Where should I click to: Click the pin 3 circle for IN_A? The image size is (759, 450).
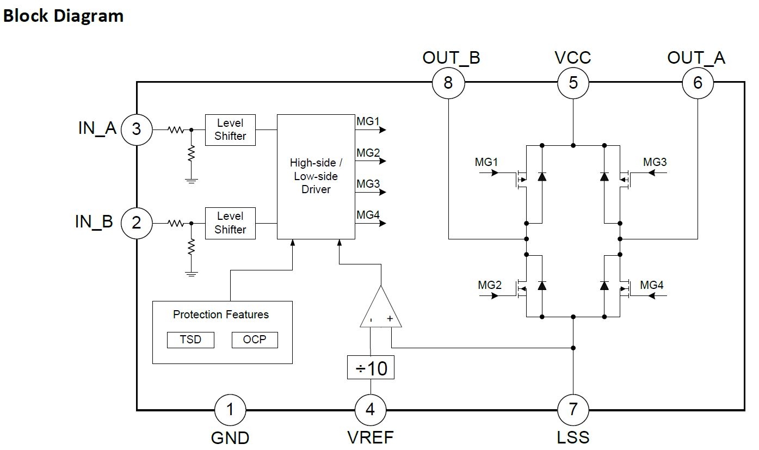coord(136,129)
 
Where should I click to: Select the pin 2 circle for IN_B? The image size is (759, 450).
coord(136,223)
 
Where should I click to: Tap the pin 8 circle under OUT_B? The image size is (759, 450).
coord(448,83)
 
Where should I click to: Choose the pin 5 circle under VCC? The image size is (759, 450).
coord(573,83)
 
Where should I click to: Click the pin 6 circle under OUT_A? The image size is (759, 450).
coord(698,83)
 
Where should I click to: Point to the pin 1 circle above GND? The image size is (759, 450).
coord(230,409)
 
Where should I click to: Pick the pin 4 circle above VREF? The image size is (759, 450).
coord(371,409)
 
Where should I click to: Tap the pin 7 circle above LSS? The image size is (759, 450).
coord(573,409)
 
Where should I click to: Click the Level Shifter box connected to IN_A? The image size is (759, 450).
coord(230,130)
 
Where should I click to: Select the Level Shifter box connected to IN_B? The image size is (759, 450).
coord(230,223)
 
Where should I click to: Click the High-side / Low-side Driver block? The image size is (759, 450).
coord(316,176)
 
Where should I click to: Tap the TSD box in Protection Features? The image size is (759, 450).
coord(190,340)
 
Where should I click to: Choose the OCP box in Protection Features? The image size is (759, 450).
coord(255,340)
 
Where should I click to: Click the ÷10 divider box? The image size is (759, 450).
coord(371,368)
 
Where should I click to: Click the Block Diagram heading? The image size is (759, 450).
coord(63,15)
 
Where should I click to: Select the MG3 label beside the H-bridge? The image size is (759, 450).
coord(655,162)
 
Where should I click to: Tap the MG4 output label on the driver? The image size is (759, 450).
coord(368,215)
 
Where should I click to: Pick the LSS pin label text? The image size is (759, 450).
coord(573,437)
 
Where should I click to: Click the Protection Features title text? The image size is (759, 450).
coord(221,315)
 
